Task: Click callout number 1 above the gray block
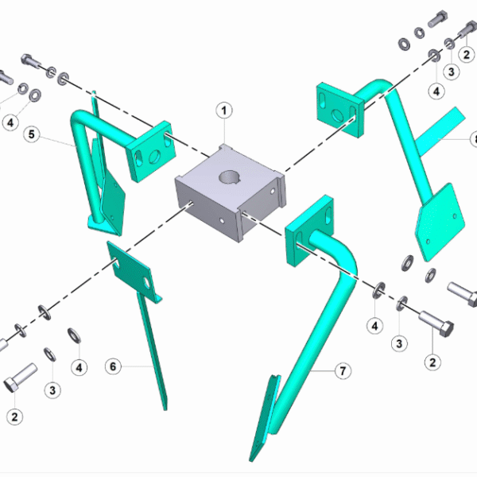pos(224,111)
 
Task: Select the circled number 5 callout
pos(32,134)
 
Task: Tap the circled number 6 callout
pos(113,366)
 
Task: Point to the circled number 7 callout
pos(343,370)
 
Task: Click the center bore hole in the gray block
pos(230,177)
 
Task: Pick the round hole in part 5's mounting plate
pos(154,157)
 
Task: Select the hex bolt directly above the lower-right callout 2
pos(436,324)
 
